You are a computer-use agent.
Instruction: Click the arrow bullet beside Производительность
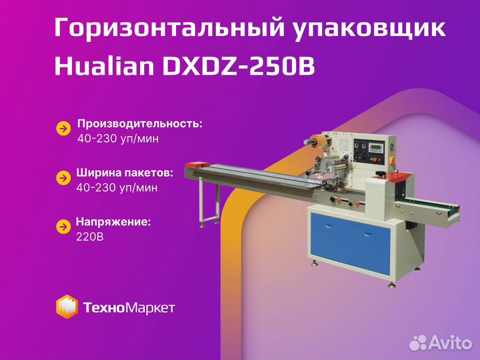pos(63,129)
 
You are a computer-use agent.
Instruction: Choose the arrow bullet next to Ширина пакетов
pos(63,177)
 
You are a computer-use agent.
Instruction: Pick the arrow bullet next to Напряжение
pos(63,226)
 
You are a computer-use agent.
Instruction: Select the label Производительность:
pos(139,123)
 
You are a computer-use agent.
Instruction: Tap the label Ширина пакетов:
pos(125,172)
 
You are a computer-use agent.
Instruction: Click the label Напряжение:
pos(113,221)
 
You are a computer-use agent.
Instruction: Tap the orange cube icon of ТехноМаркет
pos(67,307)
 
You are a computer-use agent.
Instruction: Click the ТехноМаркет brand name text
pos(129,307)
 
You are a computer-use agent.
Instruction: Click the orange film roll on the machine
pos(313,141)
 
